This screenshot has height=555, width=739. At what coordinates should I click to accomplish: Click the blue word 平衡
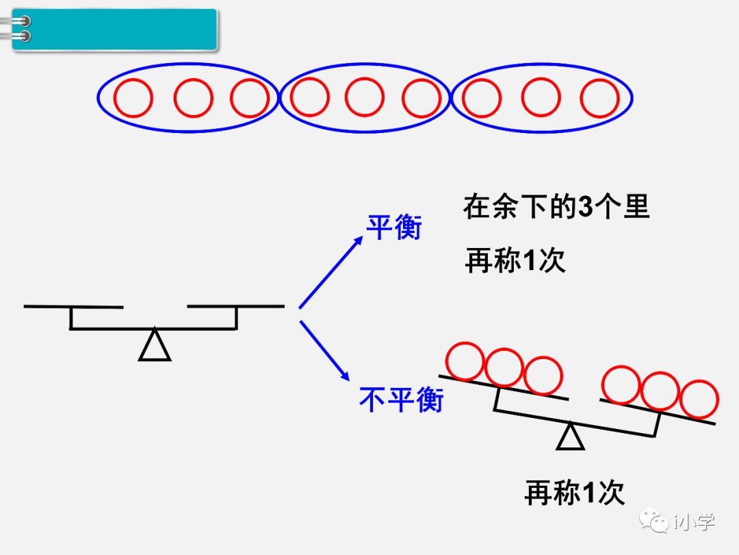point(394,227)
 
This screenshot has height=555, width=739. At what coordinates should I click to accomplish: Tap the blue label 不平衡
point(401,399)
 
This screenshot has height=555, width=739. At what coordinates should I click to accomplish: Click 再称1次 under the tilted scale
point(575,493)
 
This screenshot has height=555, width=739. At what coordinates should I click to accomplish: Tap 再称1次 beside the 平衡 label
point(515,261)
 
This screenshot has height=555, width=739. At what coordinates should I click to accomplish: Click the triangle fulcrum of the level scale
point(155,345)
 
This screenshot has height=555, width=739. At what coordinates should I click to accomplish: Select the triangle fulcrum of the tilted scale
point(570,437)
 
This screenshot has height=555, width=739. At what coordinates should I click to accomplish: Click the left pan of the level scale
point(73,306)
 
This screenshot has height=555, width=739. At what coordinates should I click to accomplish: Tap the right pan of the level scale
point(235,306)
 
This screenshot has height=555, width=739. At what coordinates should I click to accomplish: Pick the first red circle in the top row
point(132,99)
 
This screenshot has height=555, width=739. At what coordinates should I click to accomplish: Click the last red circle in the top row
point(600,99)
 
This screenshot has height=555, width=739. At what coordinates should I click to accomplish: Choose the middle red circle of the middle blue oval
point(364,97)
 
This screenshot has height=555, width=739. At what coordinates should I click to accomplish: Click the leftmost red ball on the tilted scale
point(465,361)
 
